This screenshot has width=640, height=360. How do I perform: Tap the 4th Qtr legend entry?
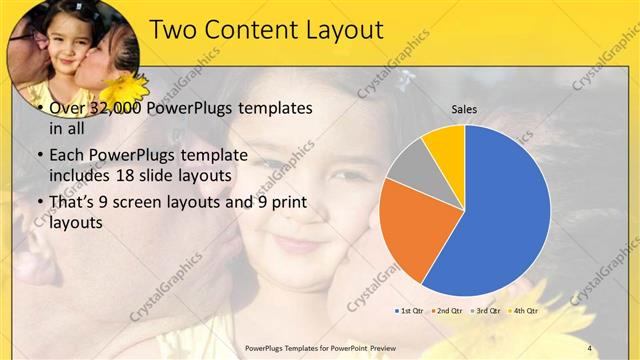coord(524,311)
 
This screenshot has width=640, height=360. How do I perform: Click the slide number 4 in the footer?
coord(590,347)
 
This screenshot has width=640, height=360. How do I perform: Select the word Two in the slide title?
coord(176,30)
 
